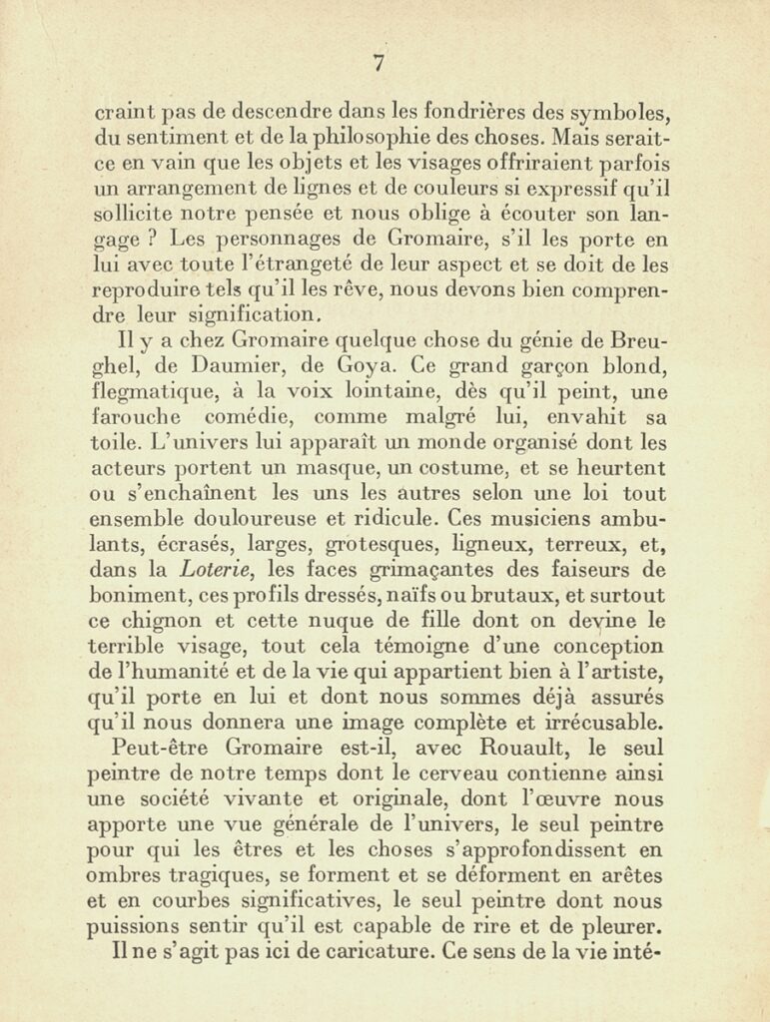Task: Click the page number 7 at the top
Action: [x=379, y=63]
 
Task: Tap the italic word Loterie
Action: [x=213, y=570]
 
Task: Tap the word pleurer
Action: [x=625, y=925]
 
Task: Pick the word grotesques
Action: [x=381, y=544]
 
